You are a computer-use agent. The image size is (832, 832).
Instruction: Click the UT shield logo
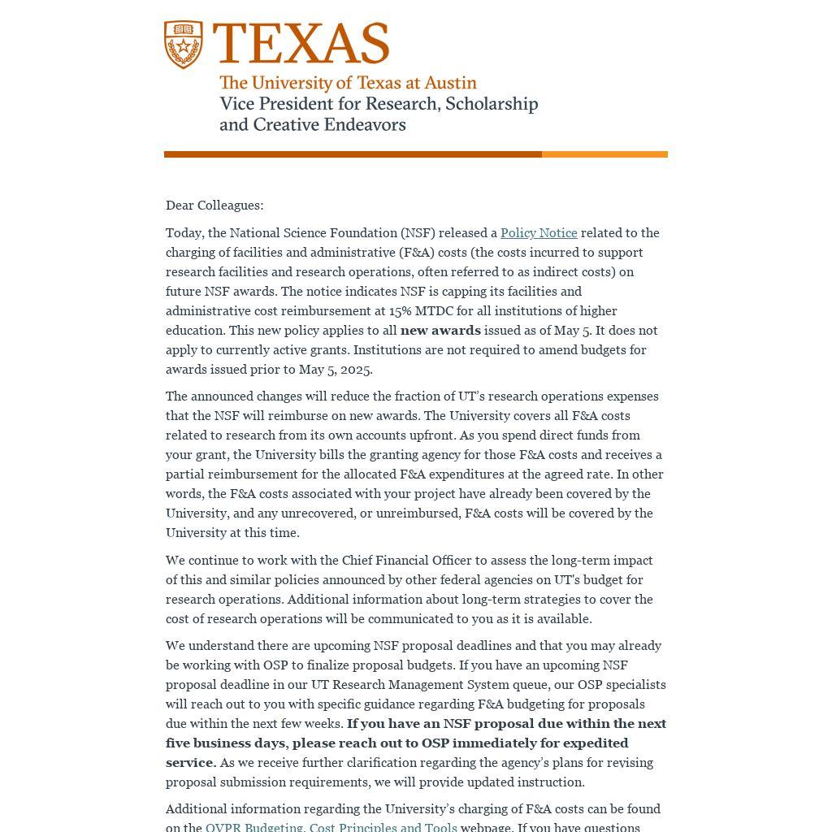click(x=184, y=45)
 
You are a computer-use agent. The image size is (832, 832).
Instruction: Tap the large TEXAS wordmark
click(x=301, y=43)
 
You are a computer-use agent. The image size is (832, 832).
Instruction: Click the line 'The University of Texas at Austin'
click(x=348, y=83)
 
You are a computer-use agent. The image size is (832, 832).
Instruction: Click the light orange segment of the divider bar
click(x=604, y=154)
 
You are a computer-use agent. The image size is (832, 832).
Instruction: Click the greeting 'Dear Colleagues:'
click(x=214, y=206)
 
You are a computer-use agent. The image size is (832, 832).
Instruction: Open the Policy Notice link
click(x=539, y=233)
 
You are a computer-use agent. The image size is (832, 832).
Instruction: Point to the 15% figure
click(x=400, y=311)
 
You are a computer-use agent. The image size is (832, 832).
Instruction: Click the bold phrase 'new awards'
click(x=440, y=331)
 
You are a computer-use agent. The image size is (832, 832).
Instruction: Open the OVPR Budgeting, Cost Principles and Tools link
click(x=331, y=827)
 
